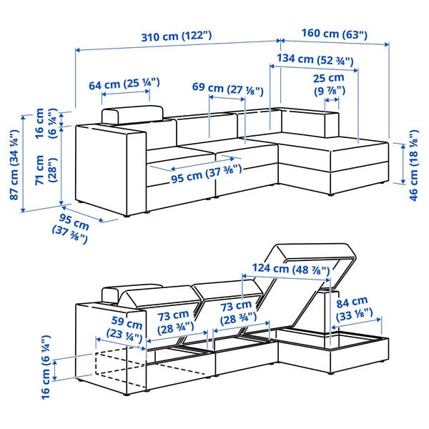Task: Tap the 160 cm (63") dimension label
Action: (x=335, y=34)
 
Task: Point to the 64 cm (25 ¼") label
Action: (x=123, y=84)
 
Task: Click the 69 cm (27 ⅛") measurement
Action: (x=228, y=89)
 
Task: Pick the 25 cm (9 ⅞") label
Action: (x=329, y=84)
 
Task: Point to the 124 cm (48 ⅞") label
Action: (x=281, y=270)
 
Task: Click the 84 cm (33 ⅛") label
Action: (x=352, y=307)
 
